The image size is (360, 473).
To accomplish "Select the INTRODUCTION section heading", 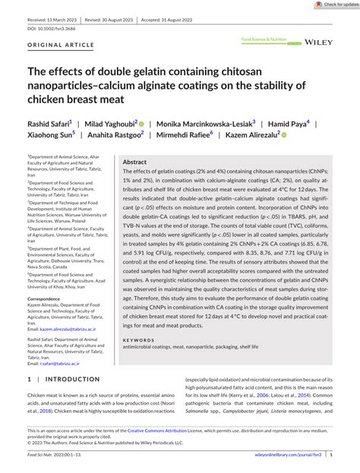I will (x=75, y=378).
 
